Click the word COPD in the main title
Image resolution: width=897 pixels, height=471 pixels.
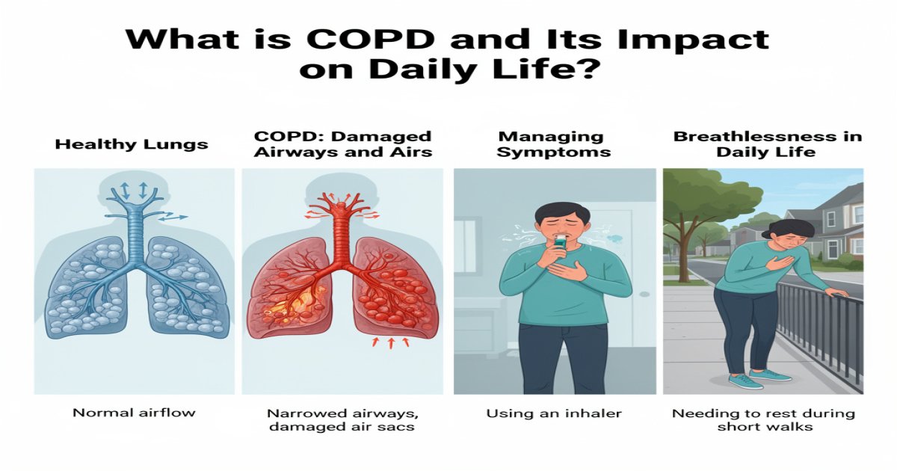click(354, 40)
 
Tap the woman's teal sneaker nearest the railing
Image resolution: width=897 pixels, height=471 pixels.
click(774, 375)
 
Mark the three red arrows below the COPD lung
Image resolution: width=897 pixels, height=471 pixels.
click(389, 342)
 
